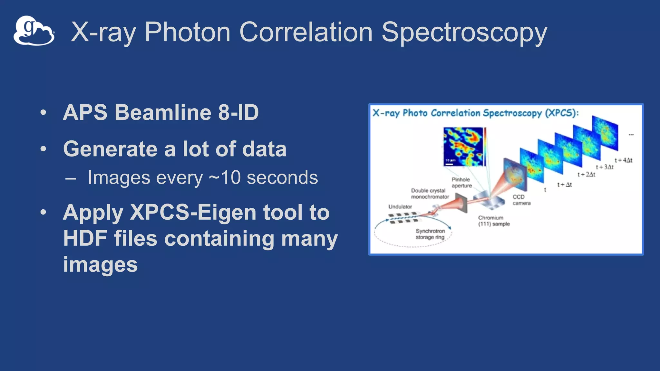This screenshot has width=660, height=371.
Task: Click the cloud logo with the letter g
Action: click(x=34, y=31)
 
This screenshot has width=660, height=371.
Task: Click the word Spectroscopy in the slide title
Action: click(x=464, y=32)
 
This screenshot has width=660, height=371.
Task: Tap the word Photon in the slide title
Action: click(x=187, y=32)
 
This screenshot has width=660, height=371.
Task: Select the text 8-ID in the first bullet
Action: click(x=238, y=112)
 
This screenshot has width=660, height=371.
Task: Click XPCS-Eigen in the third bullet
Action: click(x=193, y=212)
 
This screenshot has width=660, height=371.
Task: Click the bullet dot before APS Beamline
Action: click(x=43, y=113)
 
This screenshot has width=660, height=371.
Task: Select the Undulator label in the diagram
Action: click(x=400, y=207)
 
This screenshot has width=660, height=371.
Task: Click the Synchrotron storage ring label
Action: click(x=430, y=234)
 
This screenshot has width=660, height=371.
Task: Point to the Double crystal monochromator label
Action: click(x=430, y=194)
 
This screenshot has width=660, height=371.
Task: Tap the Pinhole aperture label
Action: click(x=461, y=183)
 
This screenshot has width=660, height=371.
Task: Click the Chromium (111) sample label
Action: click(x=493, y=221)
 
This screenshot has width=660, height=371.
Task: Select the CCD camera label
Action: click(x=521, y=200)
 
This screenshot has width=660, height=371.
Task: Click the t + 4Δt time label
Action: click(x=623, y=160)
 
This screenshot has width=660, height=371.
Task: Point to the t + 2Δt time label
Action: click(x=586, y=175)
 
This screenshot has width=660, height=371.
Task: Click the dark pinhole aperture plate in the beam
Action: click(x=461, y=203)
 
